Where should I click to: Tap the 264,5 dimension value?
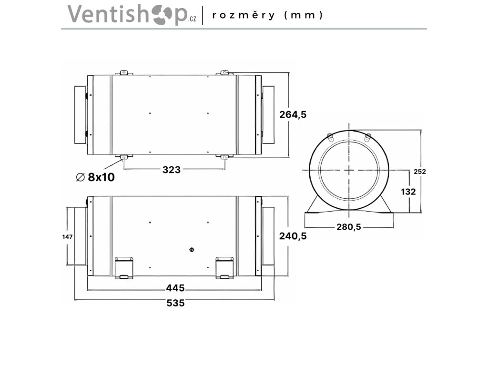pos(292,114)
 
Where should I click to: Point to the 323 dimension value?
pos(172,169)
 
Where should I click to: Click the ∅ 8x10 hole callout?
pos(95,177)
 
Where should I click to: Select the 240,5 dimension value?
pos(292,236)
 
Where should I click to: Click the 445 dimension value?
pos(175,288)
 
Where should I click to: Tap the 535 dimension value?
pos(175,303)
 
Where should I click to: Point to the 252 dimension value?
pos(420,172)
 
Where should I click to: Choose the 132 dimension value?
pos(408,192)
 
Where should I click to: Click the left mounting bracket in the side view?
pos(124,267)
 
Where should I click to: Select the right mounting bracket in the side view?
pos(224,267)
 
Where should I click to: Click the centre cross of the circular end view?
pos(349,170)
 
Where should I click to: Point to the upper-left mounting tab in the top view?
pos(123,73)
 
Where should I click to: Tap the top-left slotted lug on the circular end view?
pos(331,137)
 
